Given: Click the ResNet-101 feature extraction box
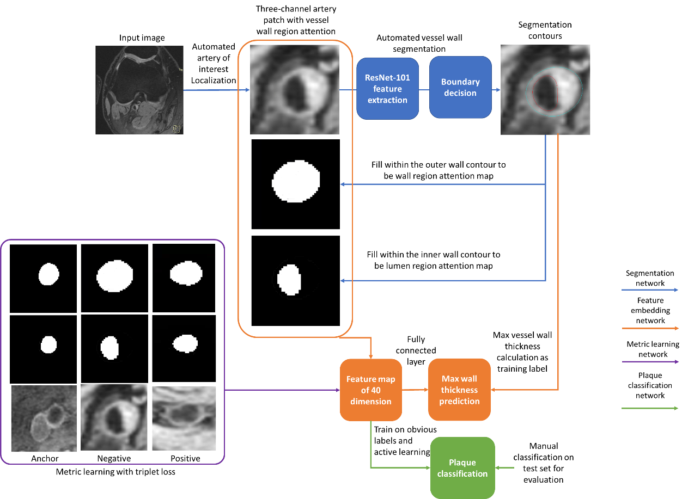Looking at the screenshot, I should coord(387,88).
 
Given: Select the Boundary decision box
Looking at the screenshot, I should coord(460,88).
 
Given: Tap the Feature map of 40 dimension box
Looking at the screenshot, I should coord(370,390).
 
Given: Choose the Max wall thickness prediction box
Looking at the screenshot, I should coord(459,390).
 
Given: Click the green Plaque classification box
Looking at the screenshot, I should coord(462,468).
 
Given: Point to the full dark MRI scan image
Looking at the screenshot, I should coord(139,90).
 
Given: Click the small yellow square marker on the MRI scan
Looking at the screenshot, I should coord(176,129).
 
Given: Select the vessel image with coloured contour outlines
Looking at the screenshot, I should coord(545,90).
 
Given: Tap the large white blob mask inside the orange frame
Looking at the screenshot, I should coord(296,181).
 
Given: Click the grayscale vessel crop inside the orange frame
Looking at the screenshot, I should coord(295,89).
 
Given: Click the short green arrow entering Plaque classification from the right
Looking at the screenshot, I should coord(505,468).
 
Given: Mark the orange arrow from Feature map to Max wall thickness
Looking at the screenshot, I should coord(415,390).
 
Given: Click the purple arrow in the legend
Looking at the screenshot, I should coord(650,362).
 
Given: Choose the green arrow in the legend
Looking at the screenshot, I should coord(650,408).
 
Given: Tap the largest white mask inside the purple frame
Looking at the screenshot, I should coord(114,275).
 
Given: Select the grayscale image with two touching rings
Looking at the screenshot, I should coord(44,418).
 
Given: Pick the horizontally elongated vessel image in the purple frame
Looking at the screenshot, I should coord(184,418).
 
